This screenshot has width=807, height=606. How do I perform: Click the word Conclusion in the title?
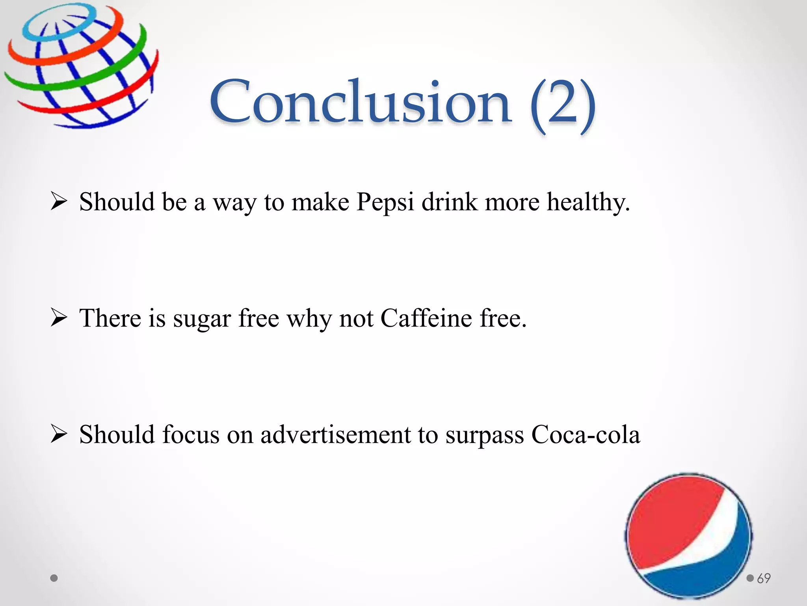tap(360, 102)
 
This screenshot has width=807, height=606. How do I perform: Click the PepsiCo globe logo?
tap(81, 65)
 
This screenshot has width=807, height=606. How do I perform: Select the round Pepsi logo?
tap(688, 536)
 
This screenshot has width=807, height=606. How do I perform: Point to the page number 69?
tap(764, 578)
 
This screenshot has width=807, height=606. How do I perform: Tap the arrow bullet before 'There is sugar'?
tap(59, 318)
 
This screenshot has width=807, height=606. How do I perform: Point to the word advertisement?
tap(335, 434)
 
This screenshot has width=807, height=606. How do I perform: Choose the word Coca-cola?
tap(586, 434)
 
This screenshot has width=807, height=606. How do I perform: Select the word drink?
tap(449, 202)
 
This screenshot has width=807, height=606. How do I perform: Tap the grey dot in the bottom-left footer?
tap(54, 578)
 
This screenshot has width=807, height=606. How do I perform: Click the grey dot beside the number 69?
tap(750, 578)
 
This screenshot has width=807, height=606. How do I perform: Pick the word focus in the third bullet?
tap(191, 434)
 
